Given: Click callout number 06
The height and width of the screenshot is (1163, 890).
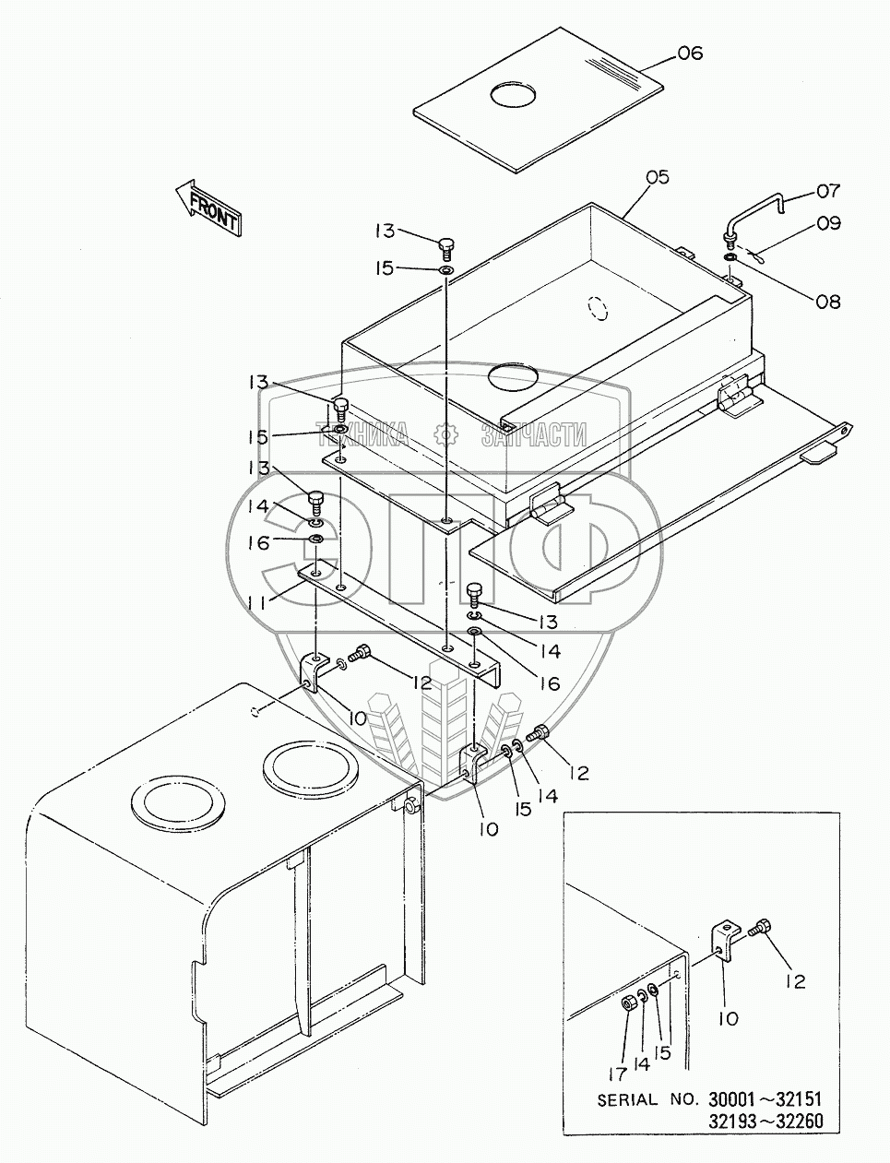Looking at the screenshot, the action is coord(690,53).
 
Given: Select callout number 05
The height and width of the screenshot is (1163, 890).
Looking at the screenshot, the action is coord(658,177).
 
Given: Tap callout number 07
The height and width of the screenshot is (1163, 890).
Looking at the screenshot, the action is coord(828,191).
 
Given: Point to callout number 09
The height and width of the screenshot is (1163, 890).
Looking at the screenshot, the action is coord(829,223).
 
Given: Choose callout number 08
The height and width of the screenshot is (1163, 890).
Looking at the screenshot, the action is coord(828,302).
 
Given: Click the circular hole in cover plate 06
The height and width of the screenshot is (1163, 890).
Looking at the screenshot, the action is coord(513,96).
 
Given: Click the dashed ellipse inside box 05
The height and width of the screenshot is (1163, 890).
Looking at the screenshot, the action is coord(599,308).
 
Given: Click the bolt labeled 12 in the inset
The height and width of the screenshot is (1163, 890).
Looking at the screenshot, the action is coord(761,927).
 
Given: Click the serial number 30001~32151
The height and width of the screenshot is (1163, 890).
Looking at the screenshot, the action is coord(765,1100).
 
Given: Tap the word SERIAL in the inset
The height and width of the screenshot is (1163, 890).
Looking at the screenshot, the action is coord(627,1100).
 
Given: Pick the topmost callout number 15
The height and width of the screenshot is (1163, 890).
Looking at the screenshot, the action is coord(386,268).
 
